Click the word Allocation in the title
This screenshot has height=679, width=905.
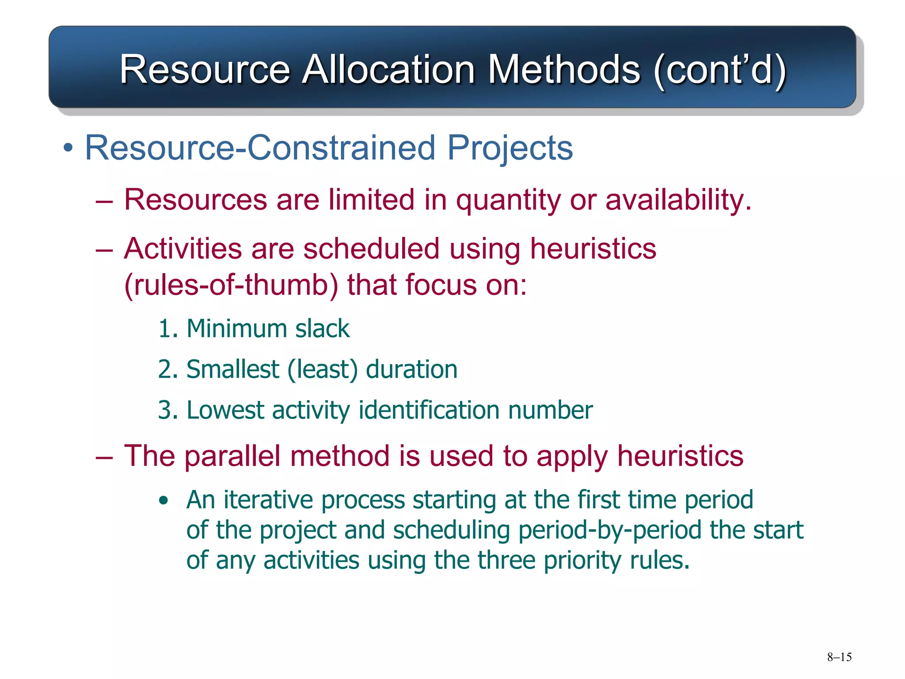tap(388, 69)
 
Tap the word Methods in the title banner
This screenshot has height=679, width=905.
tap(563, 69)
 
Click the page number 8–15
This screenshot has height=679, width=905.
tap(839, 657)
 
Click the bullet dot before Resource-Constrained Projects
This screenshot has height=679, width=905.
tap(68, 149)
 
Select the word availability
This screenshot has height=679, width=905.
tap(678, 200)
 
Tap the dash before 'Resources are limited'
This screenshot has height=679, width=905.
tap(104, 202)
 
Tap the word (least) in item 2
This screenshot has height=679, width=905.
tap(323, 370)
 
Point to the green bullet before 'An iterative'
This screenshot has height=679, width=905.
tap(164, 500)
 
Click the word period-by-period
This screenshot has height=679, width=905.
tap(610, 530)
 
